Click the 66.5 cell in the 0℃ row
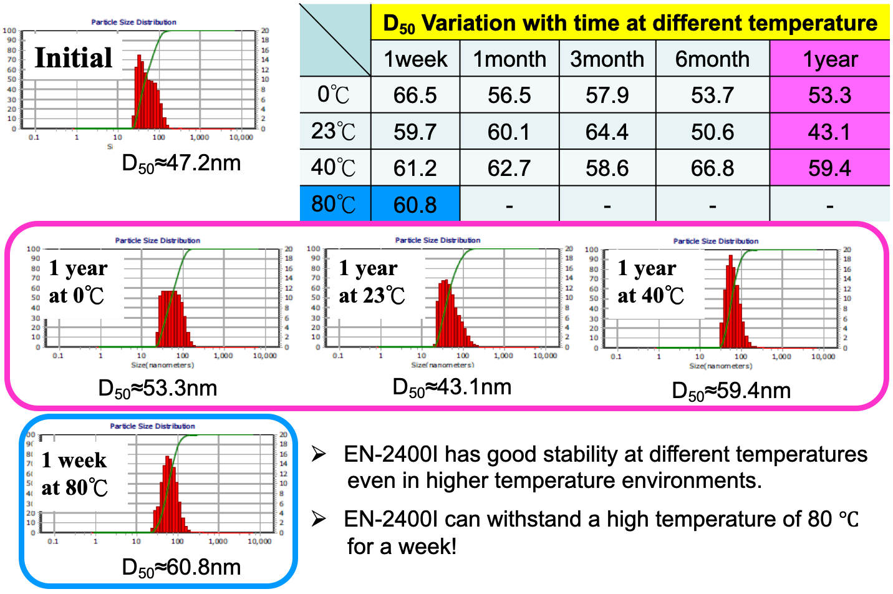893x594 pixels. click(415, 95)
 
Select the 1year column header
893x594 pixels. click(830, 59)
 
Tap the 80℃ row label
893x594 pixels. click(334, 204)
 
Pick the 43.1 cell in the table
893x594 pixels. click(829, 132)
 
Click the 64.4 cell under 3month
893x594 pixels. click(607, 132)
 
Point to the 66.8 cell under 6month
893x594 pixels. click(712, 168)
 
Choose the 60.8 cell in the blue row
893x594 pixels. click(415, 205)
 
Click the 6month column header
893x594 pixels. click(712, 59)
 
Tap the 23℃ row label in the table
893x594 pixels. click(334, 132)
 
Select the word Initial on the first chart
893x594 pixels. click(74, 58)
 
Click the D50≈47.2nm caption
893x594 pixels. click(181, 163)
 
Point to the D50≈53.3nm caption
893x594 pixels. click(158, 389)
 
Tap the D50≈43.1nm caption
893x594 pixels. click(452, 387)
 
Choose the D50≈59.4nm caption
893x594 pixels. click(731, 391)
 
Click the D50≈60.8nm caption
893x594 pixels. click(181, 568)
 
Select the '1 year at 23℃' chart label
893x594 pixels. click(372, 282)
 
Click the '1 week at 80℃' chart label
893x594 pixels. click(75, 474)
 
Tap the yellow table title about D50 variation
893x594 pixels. click(630, 24)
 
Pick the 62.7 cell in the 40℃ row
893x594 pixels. click(509, 168)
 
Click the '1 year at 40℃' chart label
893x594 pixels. click(650, 282)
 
